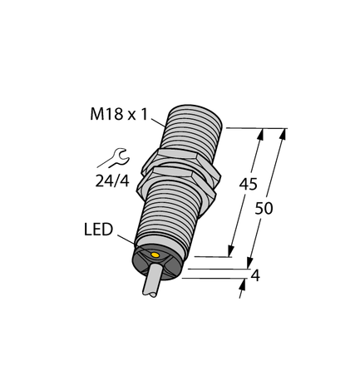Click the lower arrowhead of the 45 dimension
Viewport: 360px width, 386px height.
tap(232, 251)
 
